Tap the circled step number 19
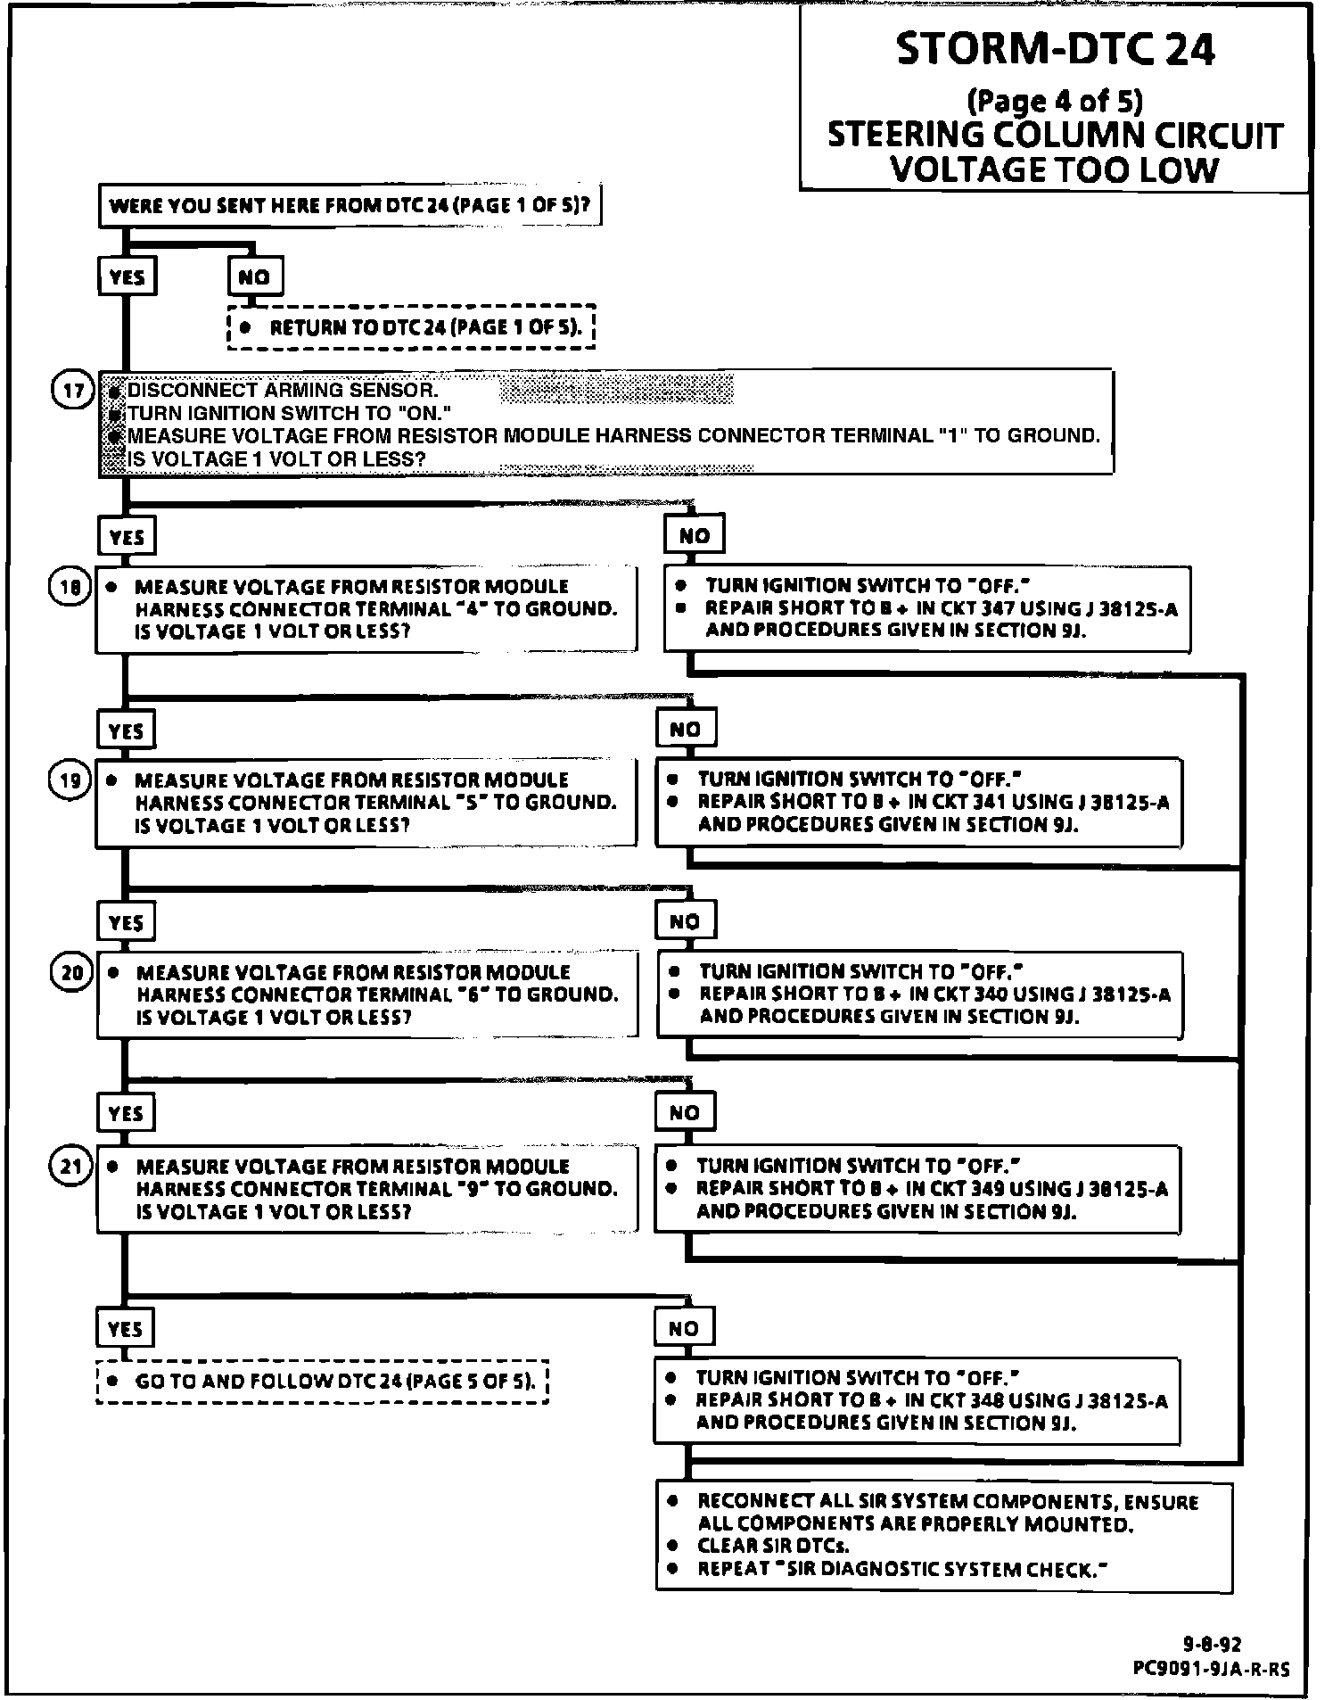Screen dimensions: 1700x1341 click(x=70, y=781)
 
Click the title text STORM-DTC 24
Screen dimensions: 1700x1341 click(x=1055, y=49)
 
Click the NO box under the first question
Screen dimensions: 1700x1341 click(x=254, y=277)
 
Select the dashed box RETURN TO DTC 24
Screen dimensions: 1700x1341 click(x=411, y=327)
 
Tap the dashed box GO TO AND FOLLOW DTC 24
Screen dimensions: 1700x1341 click(x=322, y=1382)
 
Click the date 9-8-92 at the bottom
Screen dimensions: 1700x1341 click(x=1212, y=1645)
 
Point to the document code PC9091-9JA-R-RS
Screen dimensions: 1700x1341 click(x=1211, y=1669)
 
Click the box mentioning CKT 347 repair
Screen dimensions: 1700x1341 click(x=926, y=608)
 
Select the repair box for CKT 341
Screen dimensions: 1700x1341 click(x=918, y=802)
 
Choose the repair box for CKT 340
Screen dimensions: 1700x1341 click(x=919, y=994)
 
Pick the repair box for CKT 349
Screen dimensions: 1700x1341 click(x=917, y=1189)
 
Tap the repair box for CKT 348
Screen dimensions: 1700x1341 click(x=917, y=1400)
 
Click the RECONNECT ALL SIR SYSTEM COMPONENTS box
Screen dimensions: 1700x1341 click(x=944, y=1537)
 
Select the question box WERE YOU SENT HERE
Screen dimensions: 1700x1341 click(x=350, y=206)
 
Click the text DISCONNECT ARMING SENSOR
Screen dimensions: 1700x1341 click(x=283, y=390)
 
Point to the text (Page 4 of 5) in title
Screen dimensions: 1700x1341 click(x=1054, y=101)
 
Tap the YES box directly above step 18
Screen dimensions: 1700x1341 click(x=127, y=537)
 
